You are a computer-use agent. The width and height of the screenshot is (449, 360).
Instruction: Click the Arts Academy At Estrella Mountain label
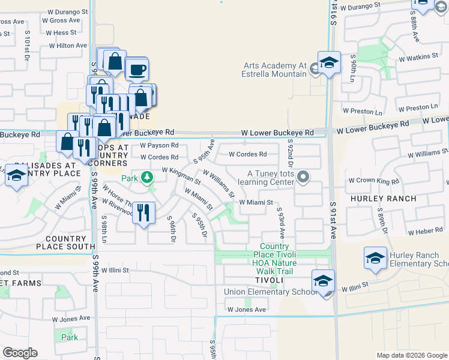coord(274,70)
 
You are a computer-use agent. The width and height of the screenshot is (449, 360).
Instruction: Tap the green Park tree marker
coord(146,178)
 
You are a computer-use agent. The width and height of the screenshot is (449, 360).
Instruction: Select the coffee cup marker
coord(137,70)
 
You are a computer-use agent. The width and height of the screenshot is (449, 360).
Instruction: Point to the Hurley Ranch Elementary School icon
coord(375,258)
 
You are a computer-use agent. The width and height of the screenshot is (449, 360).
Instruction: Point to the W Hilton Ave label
coord(68,46)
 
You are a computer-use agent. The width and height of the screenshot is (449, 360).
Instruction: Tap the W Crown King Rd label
coord(373,181)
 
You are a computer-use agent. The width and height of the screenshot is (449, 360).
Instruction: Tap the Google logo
coord(20,353)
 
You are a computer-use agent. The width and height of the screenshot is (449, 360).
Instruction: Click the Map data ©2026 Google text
coord(412,355)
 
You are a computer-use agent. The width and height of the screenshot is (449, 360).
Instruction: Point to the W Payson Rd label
coord(159,145)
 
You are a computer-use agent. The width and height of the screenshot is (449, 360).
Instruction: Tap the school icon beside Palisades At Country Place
coord(16,175)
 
